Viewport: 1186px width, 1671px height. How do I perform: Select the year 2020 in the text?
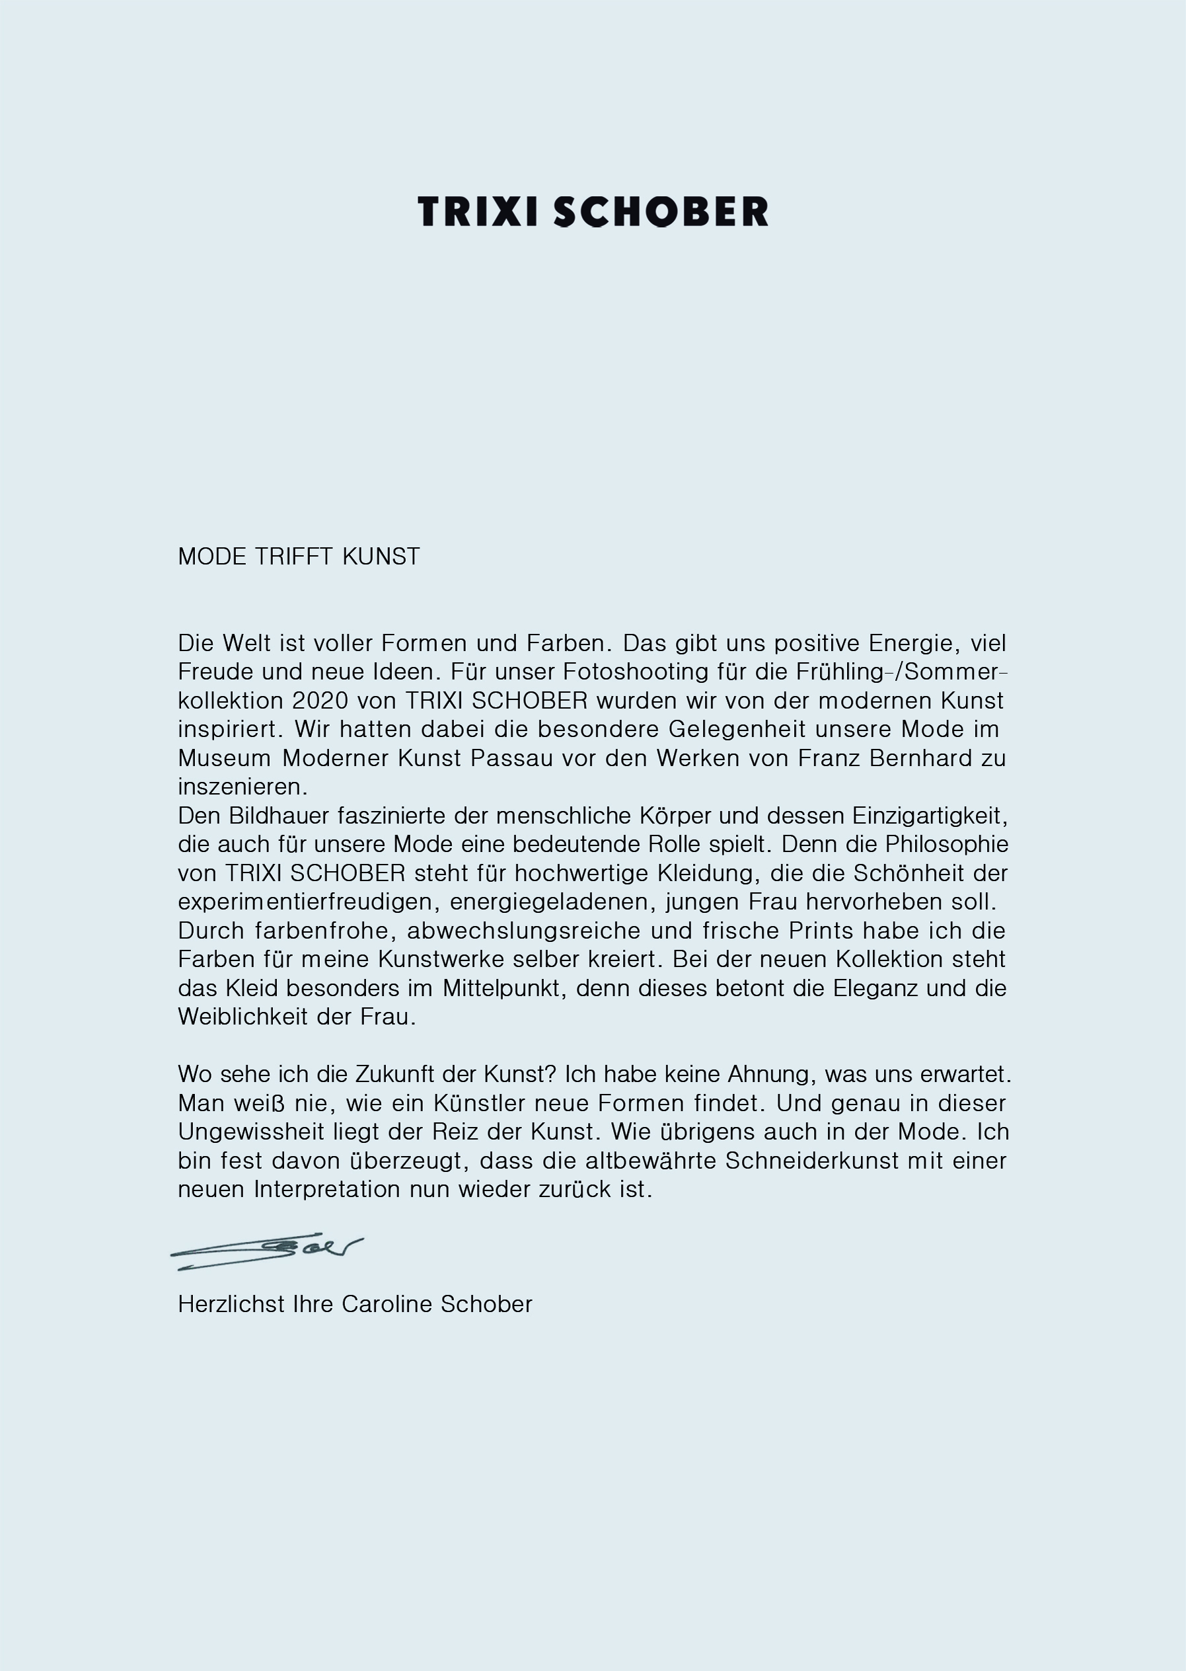[x=320, y=701]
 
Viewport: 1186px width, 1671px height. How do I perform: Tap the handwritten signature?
[x=266, y=1251]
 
